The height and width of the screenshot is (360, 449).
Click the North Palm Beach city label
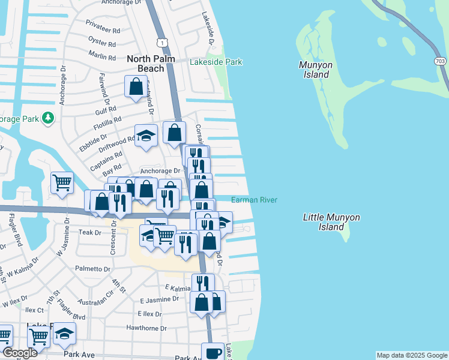(145, 64)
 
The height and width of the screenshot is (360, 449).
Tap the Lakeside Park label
(215, 62)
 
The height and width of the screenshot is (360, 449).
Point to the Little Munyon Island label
(324, 222)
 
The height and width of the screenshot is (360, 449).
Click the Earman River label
(254, 200)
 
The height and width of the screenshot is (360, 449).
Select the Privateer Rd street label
(103, 30)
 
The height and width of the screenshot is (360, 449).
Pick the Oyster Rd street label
(102, 43)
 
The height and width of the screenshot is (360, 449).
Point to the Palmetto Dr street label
(92, 269)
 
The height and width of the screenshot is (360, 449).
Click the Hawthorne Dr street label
(146, 328)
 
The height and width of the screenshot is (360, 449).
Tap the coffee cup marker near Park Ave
(212, 352)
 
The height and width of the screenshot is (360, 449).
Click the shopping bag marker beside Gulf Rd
(135, 86)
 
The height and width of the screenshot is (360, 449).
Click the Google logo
(20, 353)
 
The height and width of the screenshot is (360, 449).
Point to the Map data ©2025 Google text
(411, 355)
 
